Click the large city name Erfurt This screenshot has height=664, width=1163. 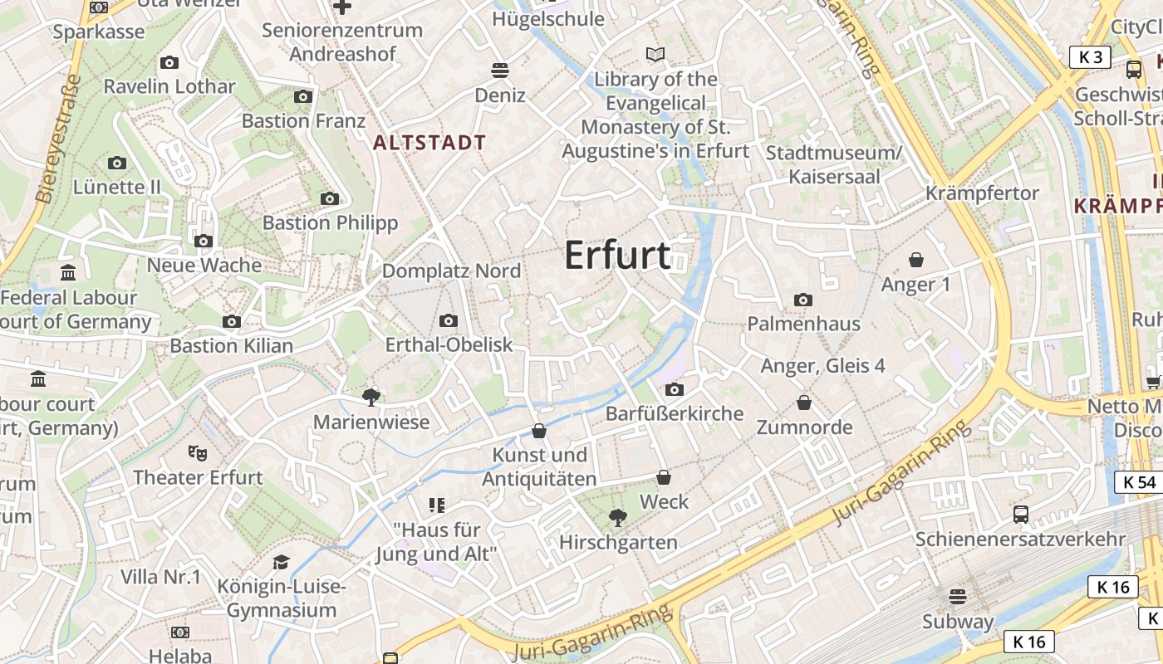617,255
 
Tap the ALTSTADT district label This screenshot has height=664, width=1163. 429,143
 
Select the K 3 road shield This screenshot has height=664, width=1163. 1090,57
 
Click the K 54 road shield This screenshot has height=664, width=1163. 1139,482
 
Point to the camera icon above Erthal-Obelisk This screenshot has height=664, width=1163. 449,320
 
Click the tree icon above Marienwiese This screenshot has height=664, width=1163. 371,397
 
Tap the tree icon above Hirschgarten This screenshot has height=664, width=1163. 617,519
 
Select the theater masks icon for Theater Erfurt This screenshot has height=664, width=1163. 197,452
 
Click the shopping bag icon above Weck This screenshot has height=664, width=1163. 664,477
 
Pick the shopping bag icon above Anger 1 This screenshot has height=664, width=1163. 916,260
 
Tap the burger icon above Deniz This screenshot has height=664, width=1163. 500,70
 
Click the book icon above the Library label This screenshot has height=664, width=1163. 655,55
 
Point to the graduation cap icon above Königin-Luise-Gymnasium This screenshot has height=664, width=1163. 281,562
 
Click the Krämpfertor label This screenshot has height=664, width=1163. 982,193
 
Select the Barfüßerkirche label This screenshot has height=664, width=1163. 675,413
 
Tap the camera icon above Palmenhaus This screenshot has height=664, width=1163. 803,300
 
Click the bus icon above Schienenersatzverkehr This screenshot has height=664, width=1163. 1021,514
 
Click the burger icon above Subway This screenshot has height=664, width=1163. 958,596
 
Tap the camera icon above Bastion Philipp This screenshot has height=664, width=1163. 330,198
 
